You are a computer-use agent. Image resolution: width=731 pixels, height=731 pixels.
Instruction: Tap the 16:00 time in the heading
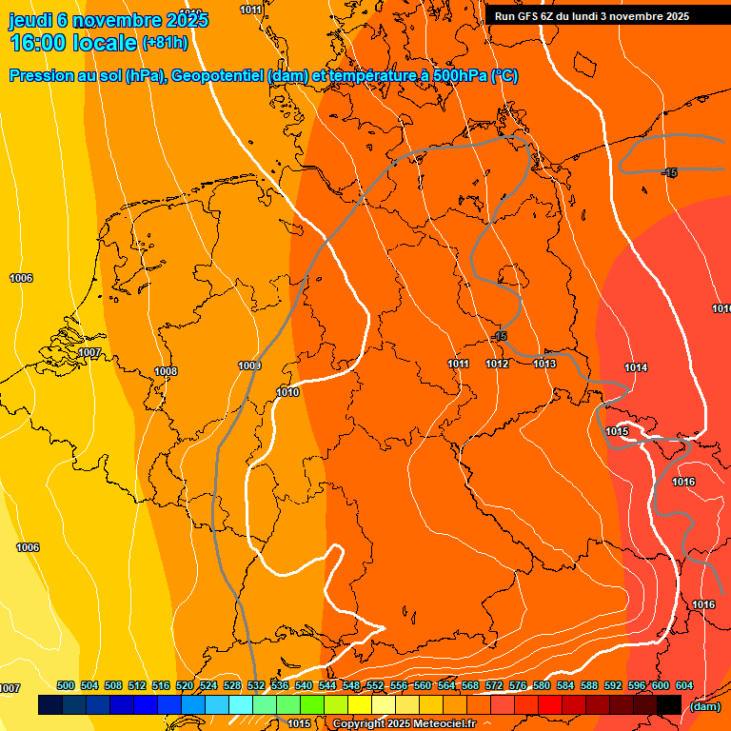(x=38, y=43)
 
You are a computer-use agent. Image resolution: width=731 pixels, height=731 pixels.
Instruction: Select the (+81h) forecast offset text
(x=165, y=43)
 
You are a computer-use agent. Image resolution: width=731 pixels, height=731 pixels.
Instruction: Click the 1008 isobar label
(x=166, y=371)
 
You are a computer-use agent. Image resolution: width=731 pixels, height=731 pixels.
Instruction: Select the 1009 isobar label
(x=249, y=365)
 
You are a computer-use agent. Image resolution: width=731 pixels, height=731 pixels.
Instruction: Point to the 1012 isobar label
(x=497, y=364)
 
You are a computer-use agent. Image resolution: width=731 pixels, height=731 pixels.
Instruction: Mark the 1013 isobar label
(x=544, y=364)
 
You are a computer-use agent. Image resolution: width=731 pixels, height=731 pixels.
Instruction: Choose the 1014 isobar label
(x=636, y=367)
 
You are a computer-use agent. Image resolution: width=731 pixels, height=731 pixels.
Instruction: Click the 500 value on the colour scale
(x=66, y=685)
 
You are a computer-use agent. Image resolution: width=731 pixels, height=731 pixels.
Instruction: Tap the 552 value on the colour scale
(x=375, y=685)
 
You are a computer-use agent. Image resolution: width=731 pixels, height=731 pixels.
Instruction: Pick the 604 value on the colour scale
(x=684, y=685)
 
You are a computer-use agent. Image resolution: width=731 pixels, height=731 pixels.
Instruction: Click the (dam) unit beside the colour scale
(x=704, y=705)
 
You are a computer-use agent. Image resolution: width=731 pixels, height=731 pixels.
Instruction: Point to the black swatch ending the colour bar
(x=669, y=704)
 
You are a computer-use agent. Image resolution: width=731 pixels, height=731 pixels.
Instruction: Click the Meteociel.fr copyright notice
(x=404, y=723)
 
